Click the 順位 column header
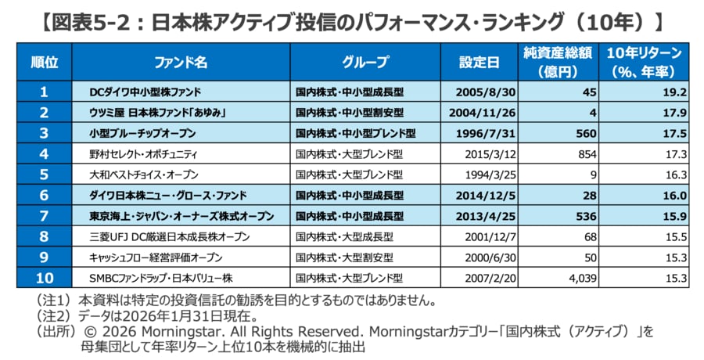point(45,61)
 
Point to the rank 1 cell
point(45,92)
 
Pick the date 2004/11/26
point(480,113)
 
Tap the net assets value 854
point(587,154)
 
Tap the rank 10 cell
point(45,277)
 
